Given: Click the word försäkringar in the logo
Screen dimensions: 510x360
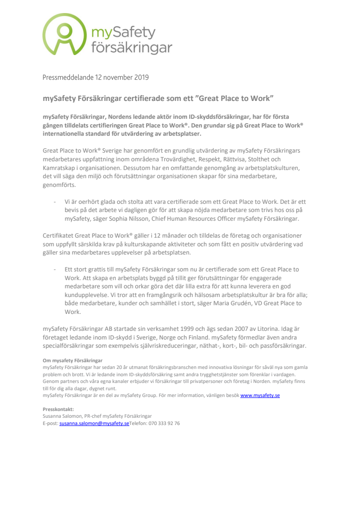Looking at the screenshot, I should coord(131,47).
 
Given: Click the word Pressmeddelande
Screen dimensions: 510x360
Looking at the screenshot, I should coord(69,77).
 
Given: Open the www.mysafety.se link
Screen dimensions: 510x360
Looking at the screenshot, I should coord(260,395).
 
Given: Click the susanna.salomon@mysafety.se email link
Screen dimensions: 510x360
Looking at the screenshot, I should coord(94,423).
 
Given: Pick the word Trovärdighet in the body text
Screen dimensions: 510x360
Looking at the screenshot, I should coord(189,159).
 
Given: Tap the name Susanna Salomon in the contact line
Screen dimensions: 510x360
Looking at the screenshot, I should coord(61,416).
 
